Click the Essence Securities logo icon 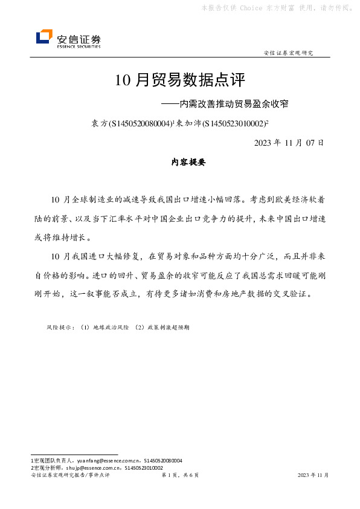click(44, 37)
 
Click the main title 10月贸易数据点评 click(179, 80)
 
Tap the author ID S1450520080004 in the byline click(140, 123)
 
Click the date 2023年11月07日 click(289, 143)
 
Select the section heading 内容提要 click(180, 162)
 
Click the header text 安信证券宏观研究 click(289, 53)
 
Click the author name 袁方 click(98, 123)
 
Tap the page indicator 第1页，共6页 click(180, 475)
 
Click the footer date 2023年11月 click(313, 475)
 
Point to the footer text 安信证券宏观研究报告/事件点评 click(69, 475)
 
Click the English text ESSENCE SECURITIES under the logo click(79, 46)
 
